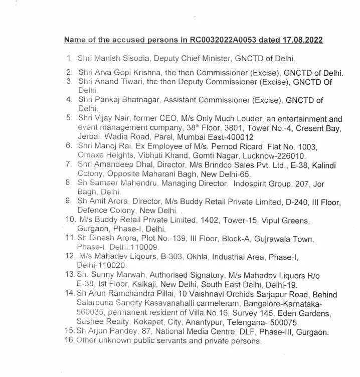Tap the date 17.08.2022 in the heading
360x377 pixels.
pos(301,40)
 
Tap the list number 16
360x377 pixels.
pos(71,341)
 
